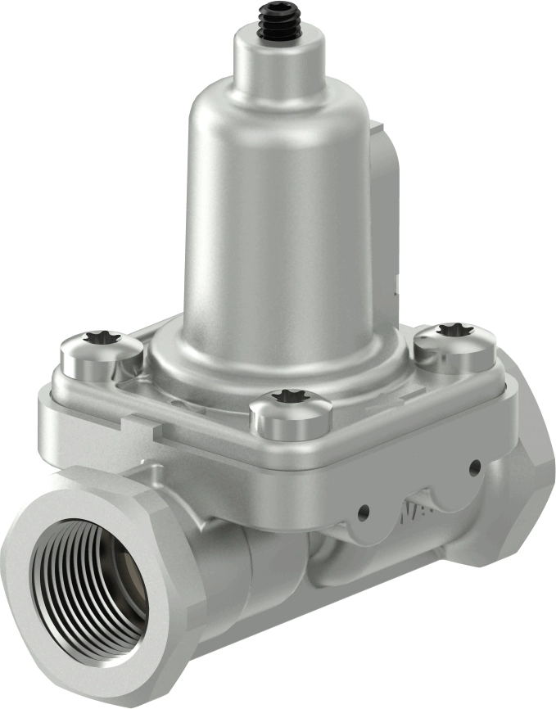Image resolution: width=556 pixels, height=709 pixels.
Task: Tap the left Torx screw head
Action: click(102, 354)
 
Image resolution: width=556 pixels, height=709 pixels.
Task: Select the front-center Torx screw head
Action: click(290, 413)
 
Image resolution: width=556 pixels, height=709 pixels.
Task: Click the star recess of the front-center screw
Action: click(288, 397)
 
